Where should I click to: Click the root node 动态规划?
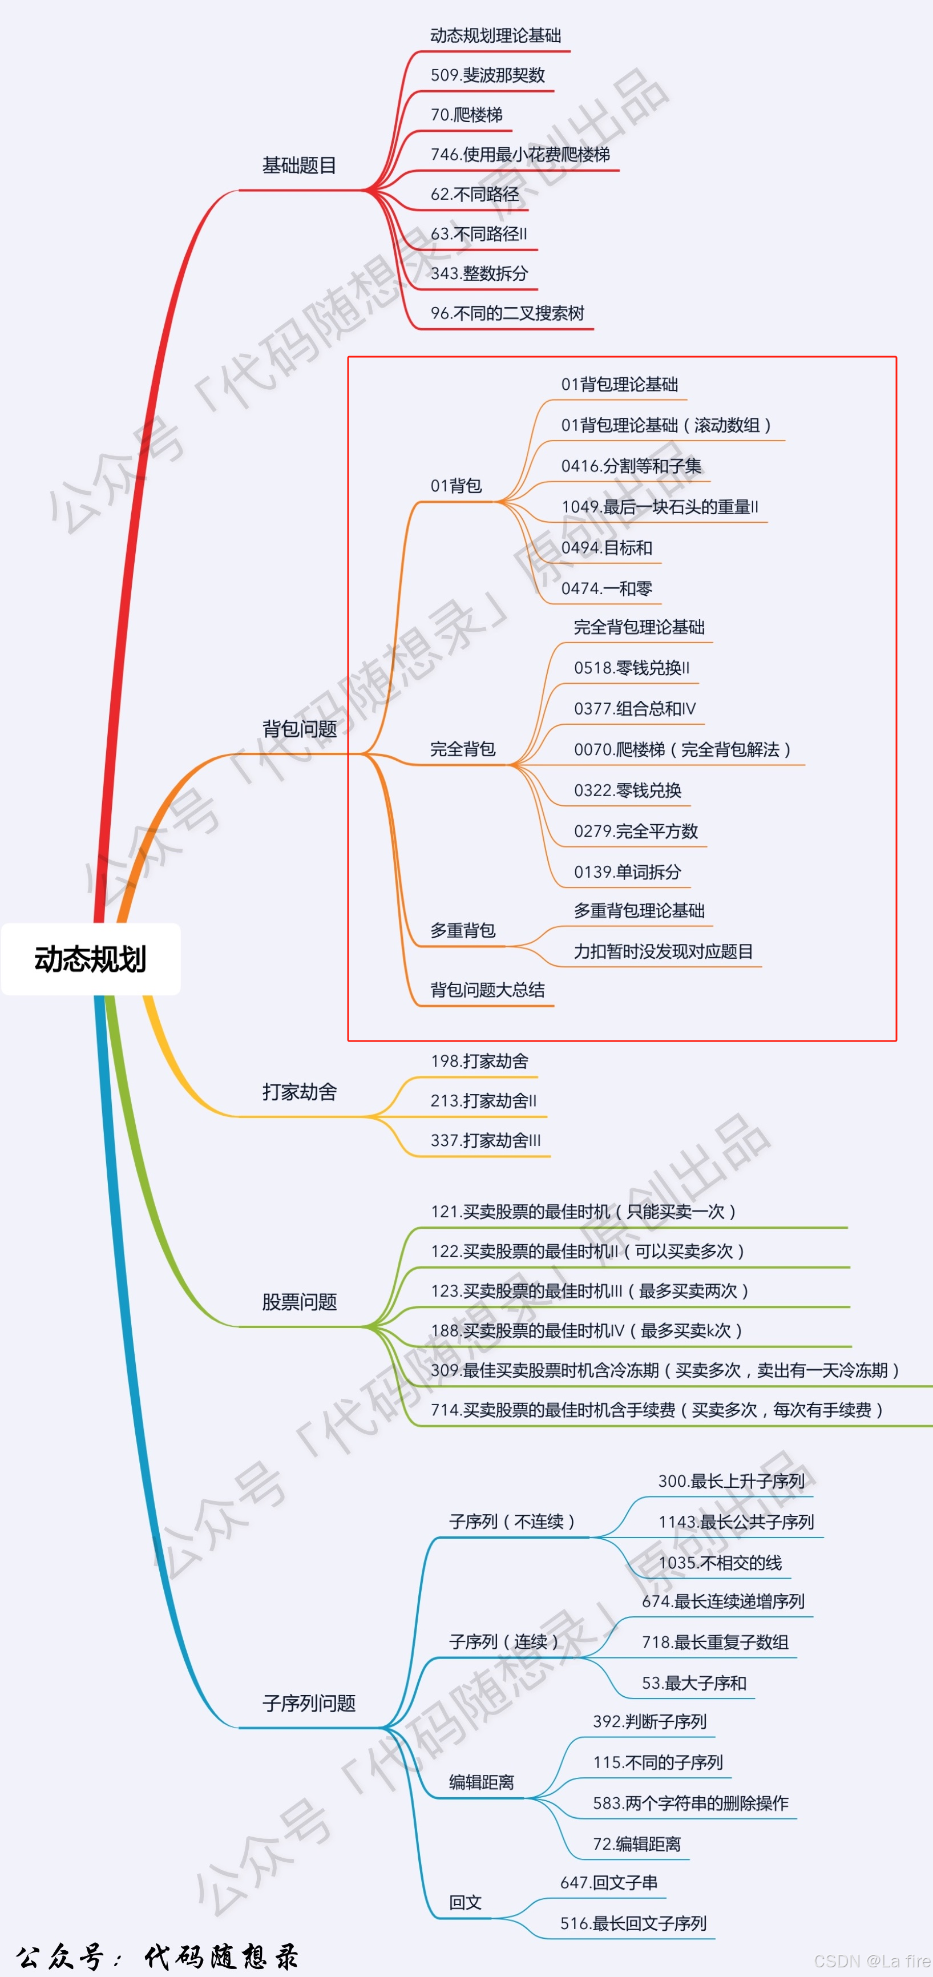pos(91,959)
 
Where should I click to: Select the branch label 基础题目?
pos(299,166)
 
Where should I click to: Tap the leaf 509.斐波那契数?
pos(487,75)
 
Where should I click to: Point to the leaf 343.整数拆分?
pos(479,273)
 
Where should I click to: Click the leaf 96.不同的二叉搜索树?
pos(507,313)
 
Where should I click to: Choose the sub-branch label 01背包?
pos(456,486)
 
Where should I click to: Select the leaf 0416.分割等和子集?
pos(631,466)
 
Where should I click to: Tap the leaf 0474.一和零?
pos(606,588)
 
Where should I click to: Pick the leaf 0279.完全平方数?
pos(635,831)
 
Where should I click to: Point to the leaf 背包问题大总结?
pos(487,990)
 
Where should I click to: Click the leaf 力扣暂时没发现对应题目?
pos(663,951)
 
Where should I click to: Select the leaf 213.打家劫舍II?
pos(483,1100)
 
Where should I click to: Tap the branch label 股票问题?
pos(299,1302)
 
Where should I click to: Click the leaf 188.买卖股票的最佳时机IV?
pos(586,1331)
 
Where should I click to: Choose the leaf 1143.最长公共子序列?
pos(735,1522)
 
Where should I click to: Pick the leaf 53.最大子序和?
pos(693,1683)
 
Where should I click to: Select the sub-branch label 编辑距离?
pos(481,1782)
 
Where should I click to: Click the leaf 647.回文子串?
pos(608,1883)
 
